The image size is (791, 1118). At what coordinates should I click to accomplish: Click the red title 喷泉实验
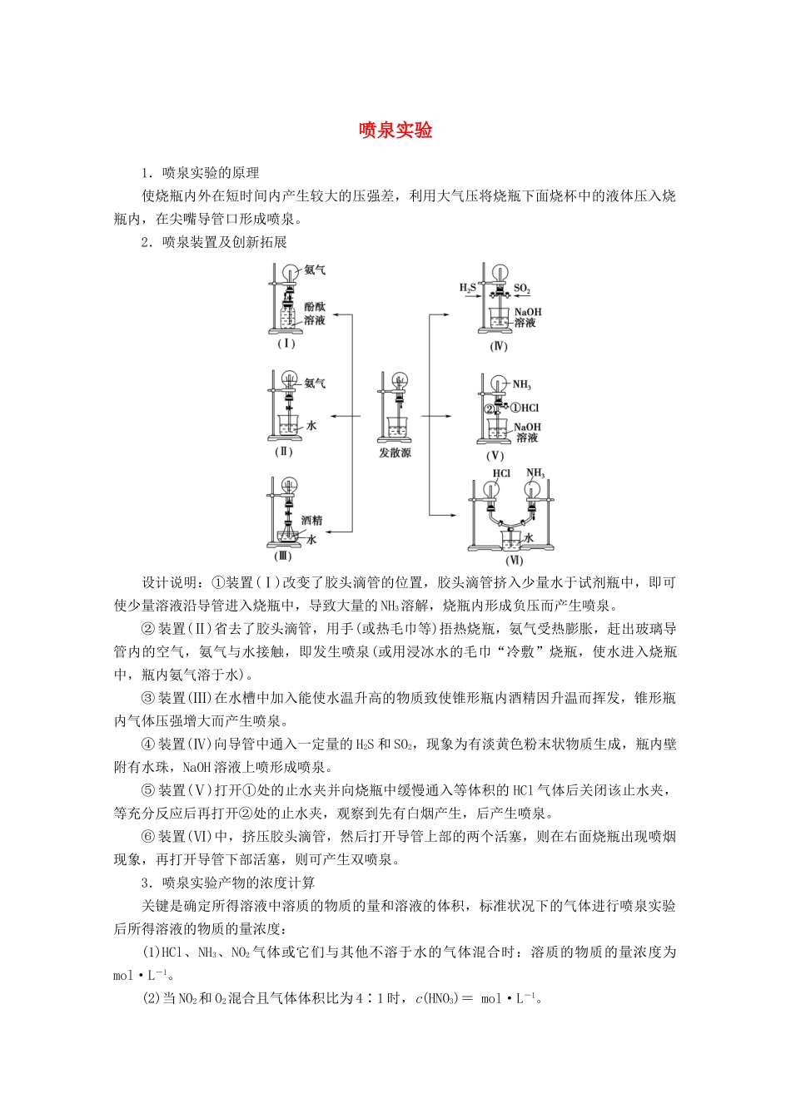[x=395, y=131]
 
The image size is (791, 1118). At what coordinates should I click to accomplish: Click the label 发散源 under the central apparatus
[x=395, y=453]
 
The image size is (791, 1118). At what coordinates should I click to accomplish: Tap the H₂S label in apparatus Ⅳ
[x=467, y=288]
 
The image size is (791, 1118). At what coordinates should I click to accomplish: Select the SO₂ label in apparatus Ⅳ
[x=522, y=289]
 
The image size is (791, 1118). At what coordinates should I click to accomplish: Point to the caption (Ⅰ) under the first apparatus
[x=286, y=344]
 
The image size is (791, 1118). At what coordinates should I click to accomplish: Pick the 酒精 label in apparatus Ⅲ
[x=311, y=520]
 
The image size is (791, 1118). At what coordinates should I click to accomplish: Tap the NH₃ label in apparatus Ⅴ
[x=522, y=384]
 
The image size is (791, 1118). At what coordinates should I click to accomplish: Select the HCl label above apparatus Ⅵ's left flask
[x=500, y=473]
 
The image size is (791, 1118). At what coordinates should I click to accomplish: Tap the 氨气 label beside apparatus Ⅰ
[x=315, y=270]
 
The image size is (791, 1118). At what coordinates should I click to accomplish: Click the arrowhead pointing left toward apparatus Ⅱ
[x=332, y=416]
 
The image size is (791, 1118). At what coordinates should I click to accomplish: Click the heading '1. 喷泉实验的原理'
[x=200, y=173]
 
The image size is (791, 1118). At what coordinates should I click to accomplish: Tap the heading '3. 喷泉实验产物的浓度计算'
[x=227, y=883]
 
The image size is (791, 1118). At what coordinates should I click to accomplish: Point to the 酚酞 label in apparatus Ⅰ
[x=315, y=307]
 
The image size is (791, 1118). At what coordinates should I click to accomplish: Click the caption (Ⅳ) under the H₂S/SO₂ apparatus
[x=498, y=346]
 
